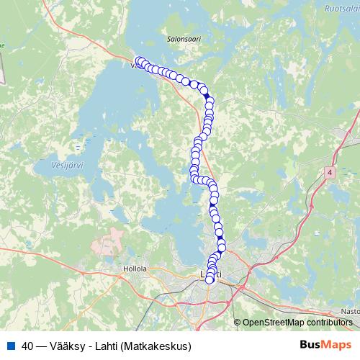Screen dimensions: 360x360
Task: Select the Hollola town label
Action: click(x=135, y=268)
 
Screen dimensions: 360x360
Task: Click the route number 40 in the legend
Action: click(x=28, y=346)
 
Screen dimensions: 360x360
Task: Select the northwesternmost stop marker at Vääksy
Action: click(x=139, y=61)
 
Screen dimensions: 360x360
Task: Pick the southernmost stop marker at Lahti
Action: click(x=210, y=280)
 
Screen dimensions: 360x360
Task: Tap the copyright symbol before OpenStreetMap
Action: click(x=238, y=322)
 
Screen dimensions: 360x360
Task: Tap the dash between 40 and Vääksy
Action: click(x=44, y=346)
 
